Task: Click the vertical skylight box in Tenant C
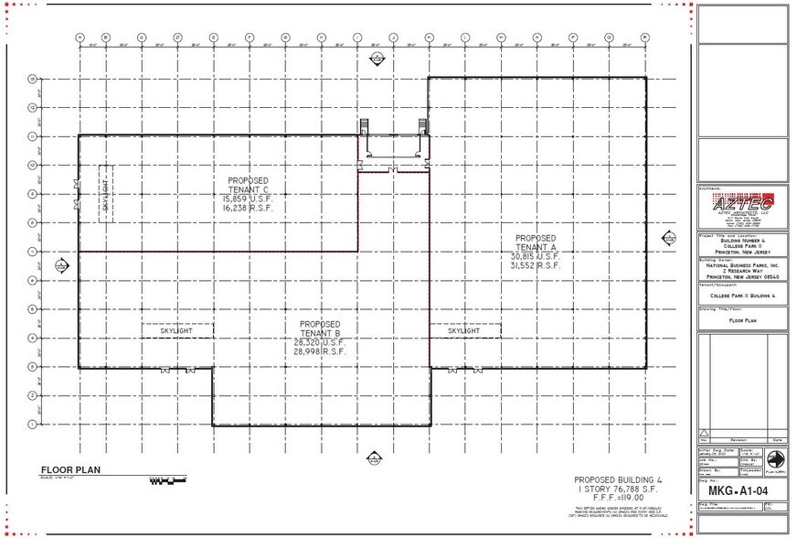click(105, 193)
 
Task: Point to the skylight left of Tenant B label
click(177, 330)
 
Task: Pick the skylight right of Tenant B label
click(464, 330)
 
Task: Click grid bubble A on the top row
click(80, 38)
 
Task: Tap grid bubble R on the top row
click(644, 38)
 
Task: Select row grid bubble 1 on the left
click(33, 425)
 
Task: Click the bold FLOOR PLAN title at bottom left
click(69, 471)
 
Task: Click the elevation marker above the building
click(375, 59)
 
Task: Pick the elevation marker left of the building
click(61, 265)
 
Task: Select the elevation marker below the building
click(373, 457)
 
